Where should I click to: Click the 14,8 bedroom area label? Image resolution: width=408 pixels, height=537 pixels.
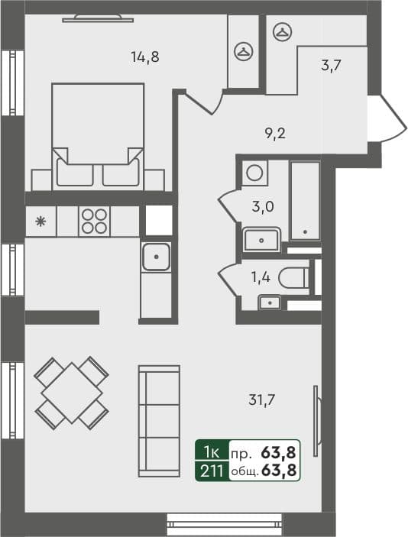[144, 56]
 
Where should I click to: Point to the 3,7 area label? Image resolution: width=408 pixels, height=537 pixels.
[331, 65]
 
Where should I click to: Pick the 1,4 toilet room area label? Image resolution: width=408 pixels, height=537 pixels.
[261, 277]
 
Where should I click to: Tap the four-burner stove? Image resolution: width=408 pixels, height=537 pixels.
[94, 222]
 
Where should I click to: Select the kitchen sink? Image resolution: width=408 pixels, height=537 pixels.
[156, 257]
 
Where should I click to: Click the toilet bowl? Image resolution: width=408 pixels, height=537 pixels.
[293, 279]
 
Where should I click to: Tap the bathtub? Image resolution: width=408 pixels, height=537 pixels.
[306, 200]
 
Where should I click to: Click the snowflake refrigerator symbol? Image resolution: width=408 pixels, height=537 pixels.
[40, 222]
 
